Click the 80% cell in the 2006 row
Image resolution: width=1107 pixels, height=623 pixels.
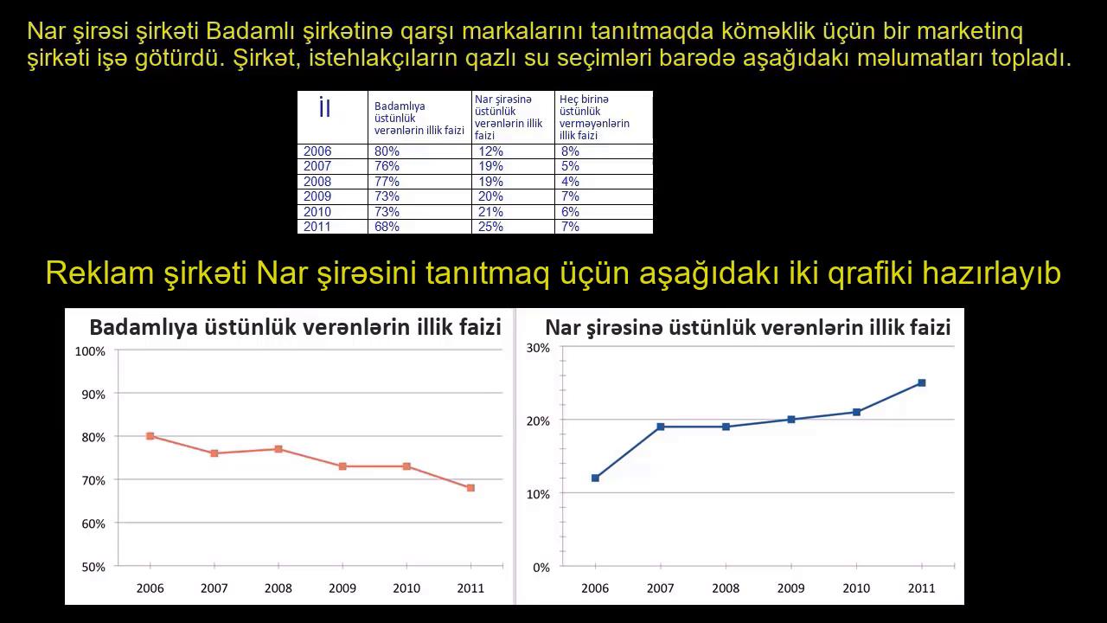(387, 151)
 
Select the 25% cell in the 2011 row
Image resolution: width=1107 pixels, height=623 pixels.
(490, 227)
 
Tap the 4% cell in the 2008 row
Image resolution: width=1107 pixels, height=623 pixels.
(570, 182)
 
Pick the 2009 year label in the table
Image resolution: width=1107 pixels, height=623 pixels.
(317, 196)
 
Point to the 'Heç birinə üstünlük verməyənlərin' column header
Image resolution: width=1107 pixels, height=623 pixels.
(594, 117)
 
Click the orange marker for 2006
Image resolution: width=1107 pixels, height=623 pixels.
(150, 436)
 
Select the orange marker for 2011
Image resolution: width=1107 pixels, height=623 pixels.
(470, 488)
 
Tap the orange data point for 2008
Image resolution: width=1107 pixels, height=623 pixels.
(278, 449)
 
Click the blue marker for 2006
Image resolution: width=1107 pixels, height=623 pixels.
(595, 478)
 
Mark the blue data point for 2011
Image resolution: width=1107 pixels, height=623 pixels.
(922, 382)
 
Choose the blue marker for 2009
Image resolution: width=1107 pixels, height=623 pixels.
(791, 420)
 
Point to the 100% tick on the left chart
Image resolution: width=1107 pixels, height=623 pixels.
(90, 351)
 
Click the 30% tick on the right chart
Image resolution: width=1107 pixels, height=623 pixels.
(538, 348)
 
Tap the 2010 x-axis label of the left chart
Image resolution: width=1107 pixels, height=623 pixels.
(406, 588)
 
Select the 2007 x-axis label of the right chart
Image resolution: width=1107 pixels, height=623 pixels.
(660, 588)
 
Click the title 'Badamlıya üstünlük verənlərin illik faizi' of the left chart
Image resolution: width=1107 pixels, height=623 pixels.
(296, 327)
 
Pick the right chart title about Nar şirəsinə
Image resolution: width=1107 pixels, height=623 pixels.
(748, 328)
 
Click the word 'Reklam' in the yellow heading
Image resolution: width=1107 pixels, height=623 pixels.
(99, 273)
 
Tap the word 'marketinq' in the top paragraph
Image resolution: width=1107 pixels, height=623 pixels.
(969, 32)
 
